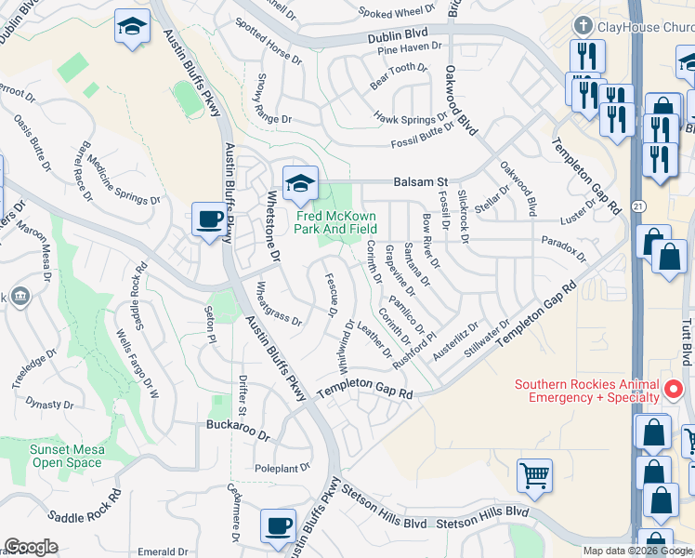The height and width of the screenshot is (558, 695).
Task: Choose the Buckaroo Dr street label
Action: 237,434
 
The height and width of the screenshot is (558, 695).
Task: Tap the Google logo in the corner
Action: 31,547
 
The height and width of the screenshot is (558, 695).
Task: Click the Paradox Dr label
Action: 565,248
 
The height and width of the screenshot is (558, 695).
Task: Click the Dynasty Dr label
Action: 48,403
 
